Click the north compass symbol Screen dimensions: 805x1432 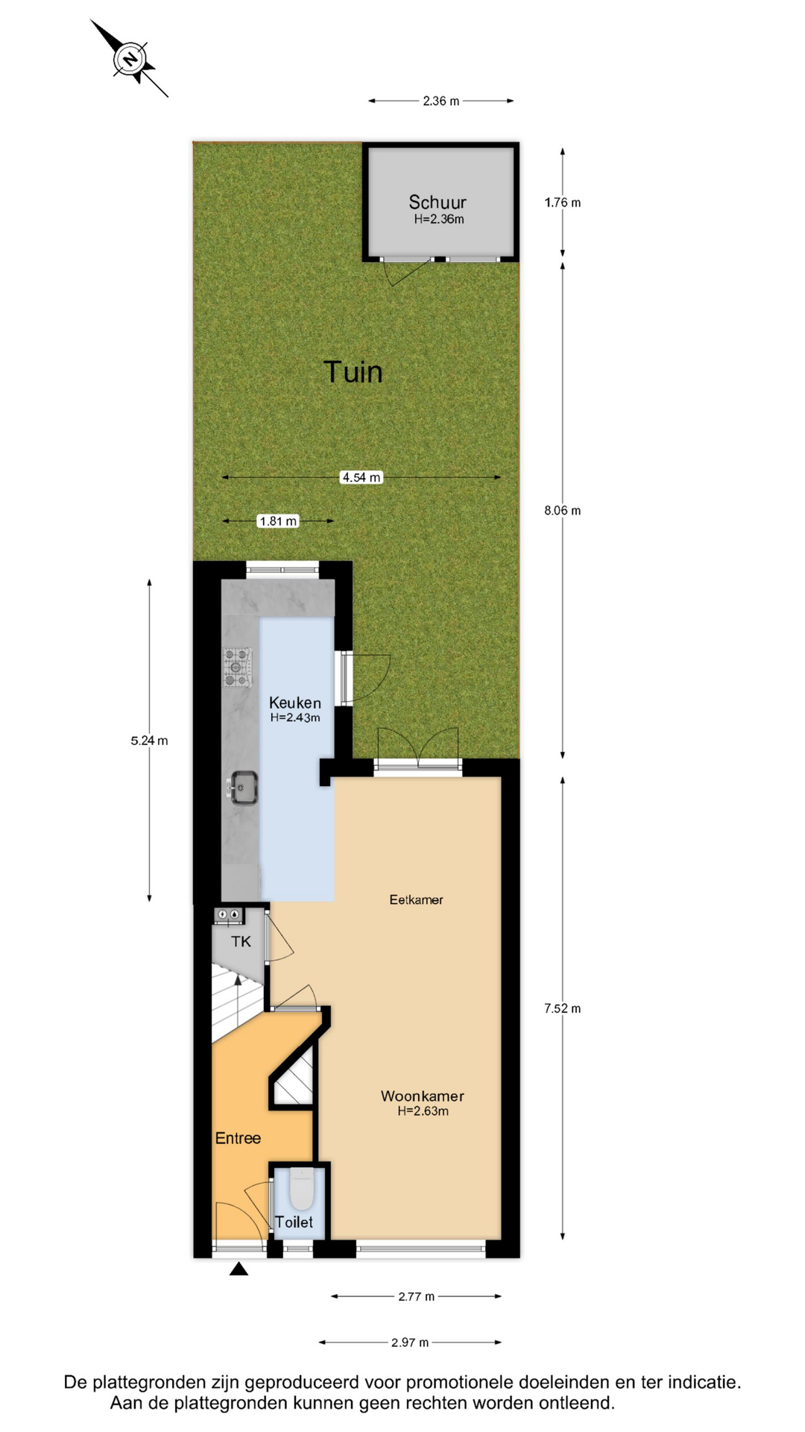130,59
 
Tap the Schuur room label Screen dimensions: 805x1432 438,202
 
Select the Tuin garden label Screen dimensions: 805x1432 353,371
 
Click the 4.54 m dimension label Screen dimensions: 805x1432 362,477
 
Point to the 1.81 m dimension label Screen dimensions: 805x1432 278,521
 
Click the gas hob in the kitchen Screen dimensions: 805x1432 238,668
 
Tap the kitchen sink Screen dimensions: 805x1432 243,788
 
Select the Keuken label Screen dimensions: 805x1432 295,703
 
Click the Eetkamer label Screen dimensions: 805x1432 416,900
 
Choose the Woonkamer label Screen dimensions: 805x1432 423,1096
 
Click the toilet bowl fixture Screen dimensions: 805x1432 301,1190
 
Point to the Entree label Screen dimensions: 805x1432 238,1138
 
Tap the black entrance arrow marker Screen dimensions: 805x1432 239,1269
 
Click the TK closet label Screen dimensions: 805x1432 241,942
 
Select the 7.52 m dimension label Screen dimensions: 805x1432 563,1008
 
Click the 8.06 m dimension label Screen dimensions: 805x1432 563,511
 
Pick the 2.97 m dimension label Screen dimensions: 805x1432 410,1342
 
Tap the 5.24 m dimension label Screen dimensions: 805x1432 149,741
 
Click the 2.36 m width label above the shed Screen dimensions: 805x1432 441,101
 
